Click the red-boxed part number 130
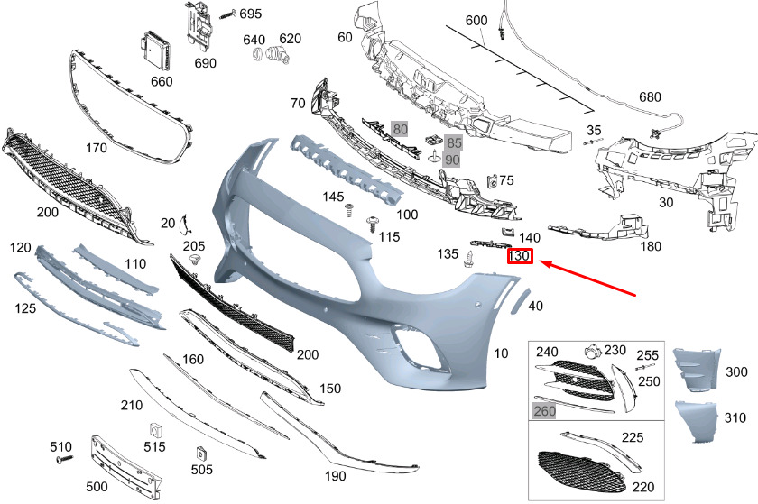520,257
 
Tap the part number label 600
476,21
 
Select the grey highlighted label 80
401,129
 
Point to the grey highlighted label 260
544,410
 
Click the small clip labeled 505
201,452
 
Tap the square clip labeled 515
154,428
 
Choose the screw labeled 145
348,212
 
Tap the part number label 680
650,96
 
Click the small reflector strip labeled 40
517,300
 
